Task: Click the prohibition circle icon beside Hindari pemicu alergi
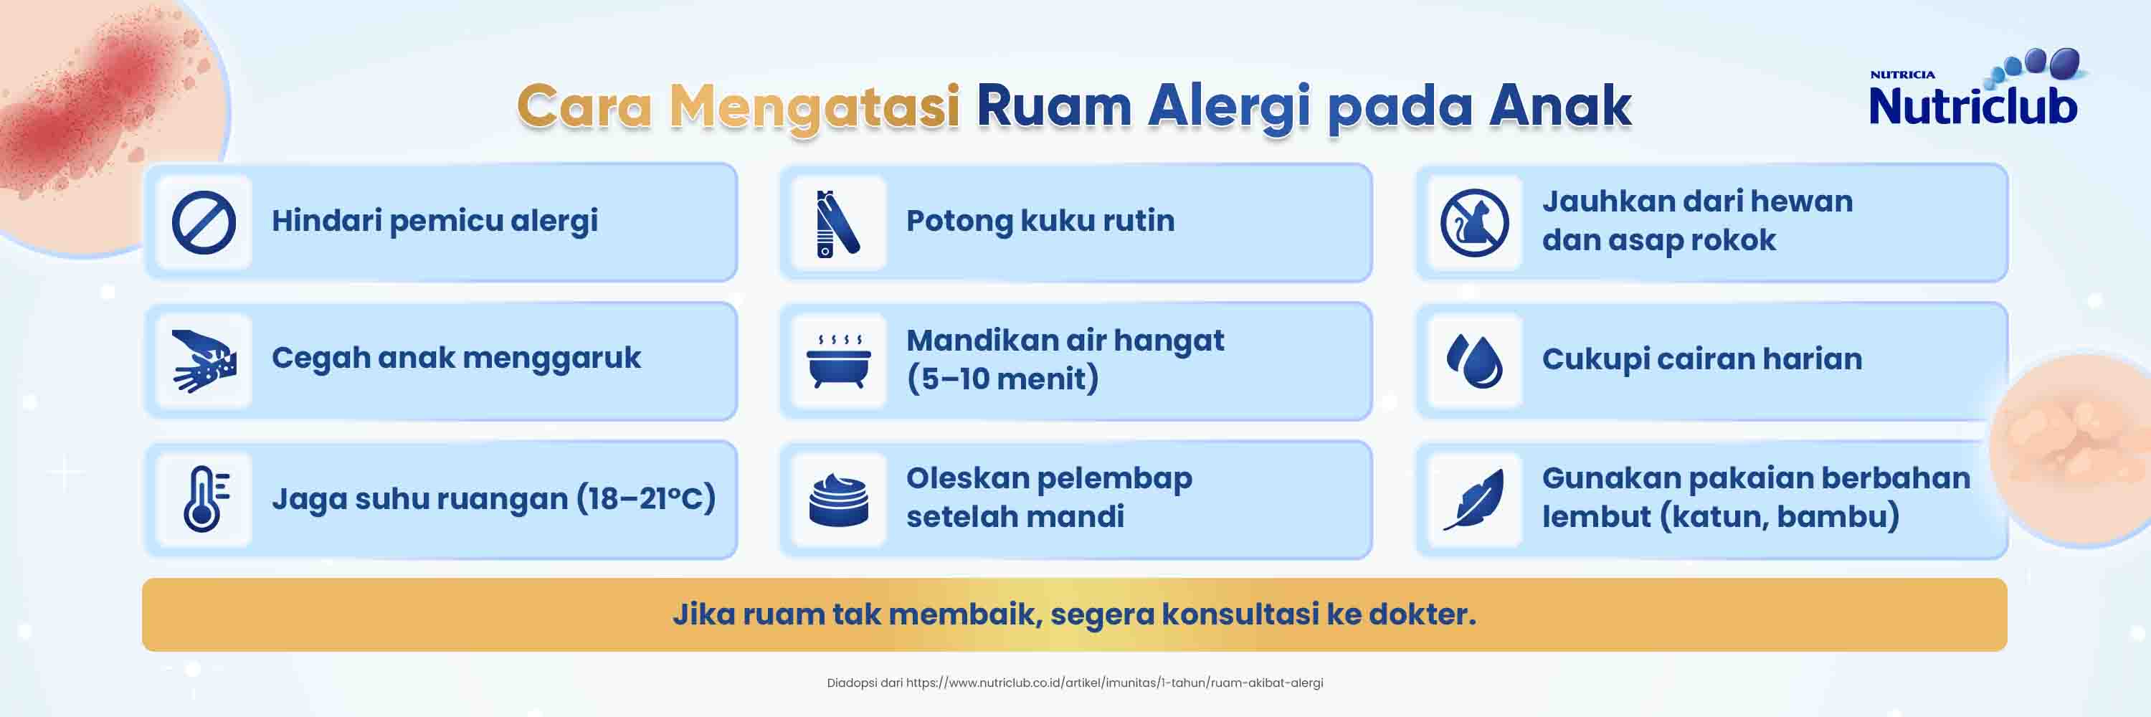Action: click(x=204, y=222)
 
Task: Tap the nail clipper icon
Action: click(x=837, y=223)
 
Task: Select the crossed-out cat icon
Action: click(x=1474, y=223)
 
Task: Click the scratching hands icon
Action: click(x=204, y=361)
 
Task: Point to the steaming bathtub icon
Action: click(x=838, y=361)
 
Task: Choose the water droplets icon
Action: click(x=1474, y=361)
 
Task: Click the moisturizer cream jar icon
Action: click(x=838, y=500)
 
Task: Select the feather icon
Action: click(x=1474, y=499)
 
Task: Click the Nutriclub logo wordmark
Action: click(x=1973, y=106)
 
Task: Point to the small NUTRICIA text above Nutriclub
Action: click(x=1902, y=75)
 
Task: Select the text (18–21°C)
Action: click(x=645, y=498)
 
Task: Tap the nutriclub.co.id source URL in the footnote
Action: click(x=1115, y=683)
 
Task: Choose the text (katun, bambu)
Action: click(x=1779, y=517)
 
